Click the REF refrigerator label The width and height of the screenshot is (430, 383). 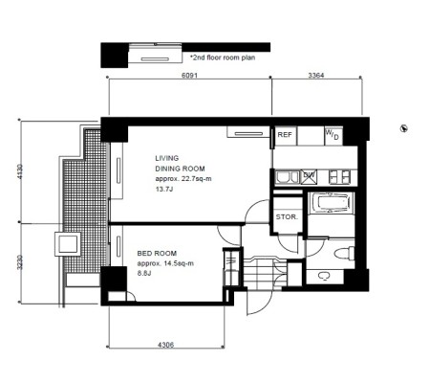(285, 135)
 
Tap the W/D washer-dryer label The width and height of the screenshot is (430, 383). (332, 134)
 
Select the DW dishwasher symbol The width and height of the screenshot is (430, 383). (310, 177)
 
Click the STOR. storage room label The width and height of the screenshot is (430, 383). (287, 217)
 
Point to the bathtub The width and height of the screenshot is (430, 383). (332, 203)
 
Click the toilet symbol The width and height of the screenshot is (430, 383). (345, 254)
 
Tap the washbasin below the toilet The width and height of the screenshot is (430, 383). (324, 276)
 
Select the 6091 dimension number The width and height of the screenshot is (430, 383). (189, 76)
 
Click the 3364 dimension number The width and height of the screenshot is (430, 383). (316, 76)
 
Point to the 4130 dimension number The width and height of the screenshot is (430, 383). (20, 171)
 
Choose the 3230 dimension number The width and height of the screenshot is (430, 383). (20, 262)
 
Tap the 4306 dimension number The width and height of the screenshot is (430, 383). (166, 345)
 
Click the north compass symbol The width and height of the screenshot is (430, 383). (404, 128)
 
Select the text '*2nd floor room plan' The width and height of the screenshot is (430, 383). (223, 57)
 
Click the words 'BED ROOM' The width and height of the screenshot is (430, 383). (157, 254)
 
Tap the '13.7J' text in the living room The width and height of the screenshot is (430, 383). (164, 189)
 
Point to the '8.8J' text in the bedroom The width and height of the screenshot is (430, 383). (144, 274)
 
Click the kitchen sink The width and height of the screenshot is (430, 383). (287, 177)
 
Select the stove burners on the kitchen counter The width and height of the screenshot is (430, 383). (339, 177)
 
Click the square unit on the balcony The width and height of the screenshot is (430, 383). (68, 244)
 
